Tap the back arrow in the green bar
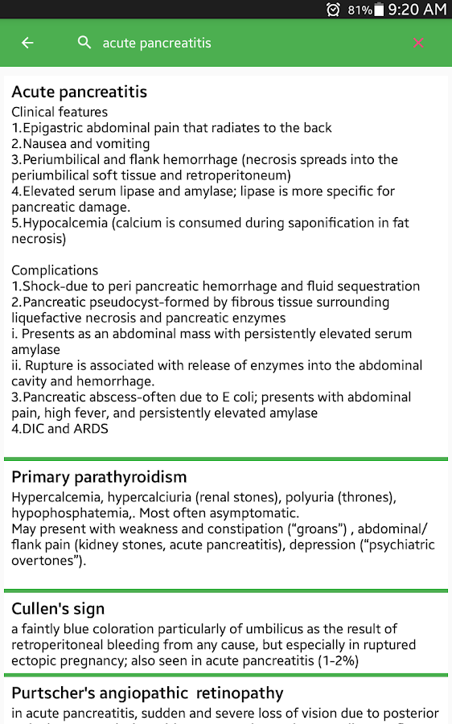click(27, 43)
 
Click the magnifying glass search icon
click(84, 43)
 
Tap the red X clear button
click(418, 43)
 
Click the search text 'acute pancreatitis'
click(157, 43)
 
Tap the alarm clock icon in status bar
click(333, 10)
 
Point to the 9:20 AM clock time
click(417, 10)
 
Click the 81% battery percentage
click(360, 10)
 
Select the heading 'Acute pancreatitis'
click(79, 92)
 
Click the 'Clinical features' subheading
click(60, 112)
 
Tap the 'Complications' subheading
click(55, 270)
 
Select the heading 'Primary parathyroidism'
click(99, 477)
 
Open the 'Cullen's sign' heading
click(58, 609)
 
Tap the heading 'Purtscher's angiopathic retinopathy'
click(147, 693)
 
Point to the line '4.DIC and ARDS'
click(60, 429)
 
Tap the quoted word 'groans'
click(325, 529)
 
